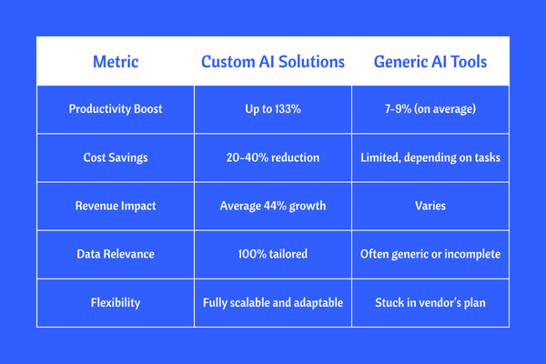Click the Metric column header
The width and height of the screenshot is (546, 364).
pyautogui.click(x=116, y=62)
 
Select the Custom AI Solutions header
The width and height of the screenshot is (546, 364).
pyautogui.click(x=273, y=62)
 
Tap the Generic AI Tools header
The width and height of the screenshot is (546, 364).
pyautogui.click(x=430, y=62)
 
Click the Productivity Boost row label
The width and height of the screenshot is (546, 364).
pyautogui.click(x=116, y=109)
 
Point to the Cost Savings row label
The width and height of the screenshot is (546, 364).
pyautogui.click(x=116, y=157)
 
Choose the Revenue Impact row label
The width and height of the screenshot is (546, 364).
pyautogui.click(x=116, y=206)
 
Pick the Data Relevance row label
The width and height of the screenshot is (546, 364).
pyautogui.click(x=116, y=254)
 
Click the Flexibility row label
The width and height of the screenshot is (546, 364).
pyautogui.click(x=116, y=302)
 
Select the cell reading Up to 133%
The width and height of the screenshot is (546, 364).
pyautogui.click(x=273, y=109)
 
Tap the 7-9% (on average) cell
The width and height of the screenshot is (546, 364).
pyautogui.click(x=430, y=109)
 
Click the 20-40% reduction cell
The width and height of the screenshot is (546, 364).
pyautogui.click(x=273, y=157)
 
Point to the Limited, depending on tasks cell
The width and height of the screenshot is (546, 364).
pyautogui.click(x=430, y=157)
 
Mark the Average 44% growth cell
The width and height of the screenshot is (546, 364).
pyautogui.click(x=273, y=206)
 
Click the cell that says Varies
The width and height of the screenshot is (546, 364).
pyautogui.click(x=430, y=206)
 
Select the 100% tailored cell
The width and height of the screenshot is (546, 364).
pyautogui.click(x=273, y=254)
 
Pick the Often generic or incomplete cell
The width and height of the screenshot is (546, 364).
pyautogui.click(x=430, y=254)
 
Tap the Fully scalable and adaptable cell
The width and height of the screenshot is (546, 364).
pyautogui.click(x=273, y=302)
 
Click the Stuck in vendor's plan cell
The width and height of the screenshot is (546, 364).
pyautogui.click(x=430, y=302)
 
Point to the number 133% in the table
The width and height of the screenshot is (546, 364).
pyautogui.click(x=288, y=109)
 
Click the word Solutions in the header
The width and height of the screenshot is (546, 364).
pyautogui.click(x=311, y=62)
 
